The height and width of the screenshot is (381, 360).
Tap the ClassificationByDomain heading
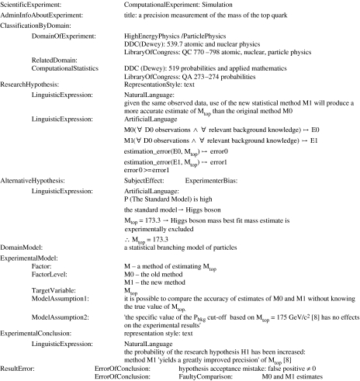40,26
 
